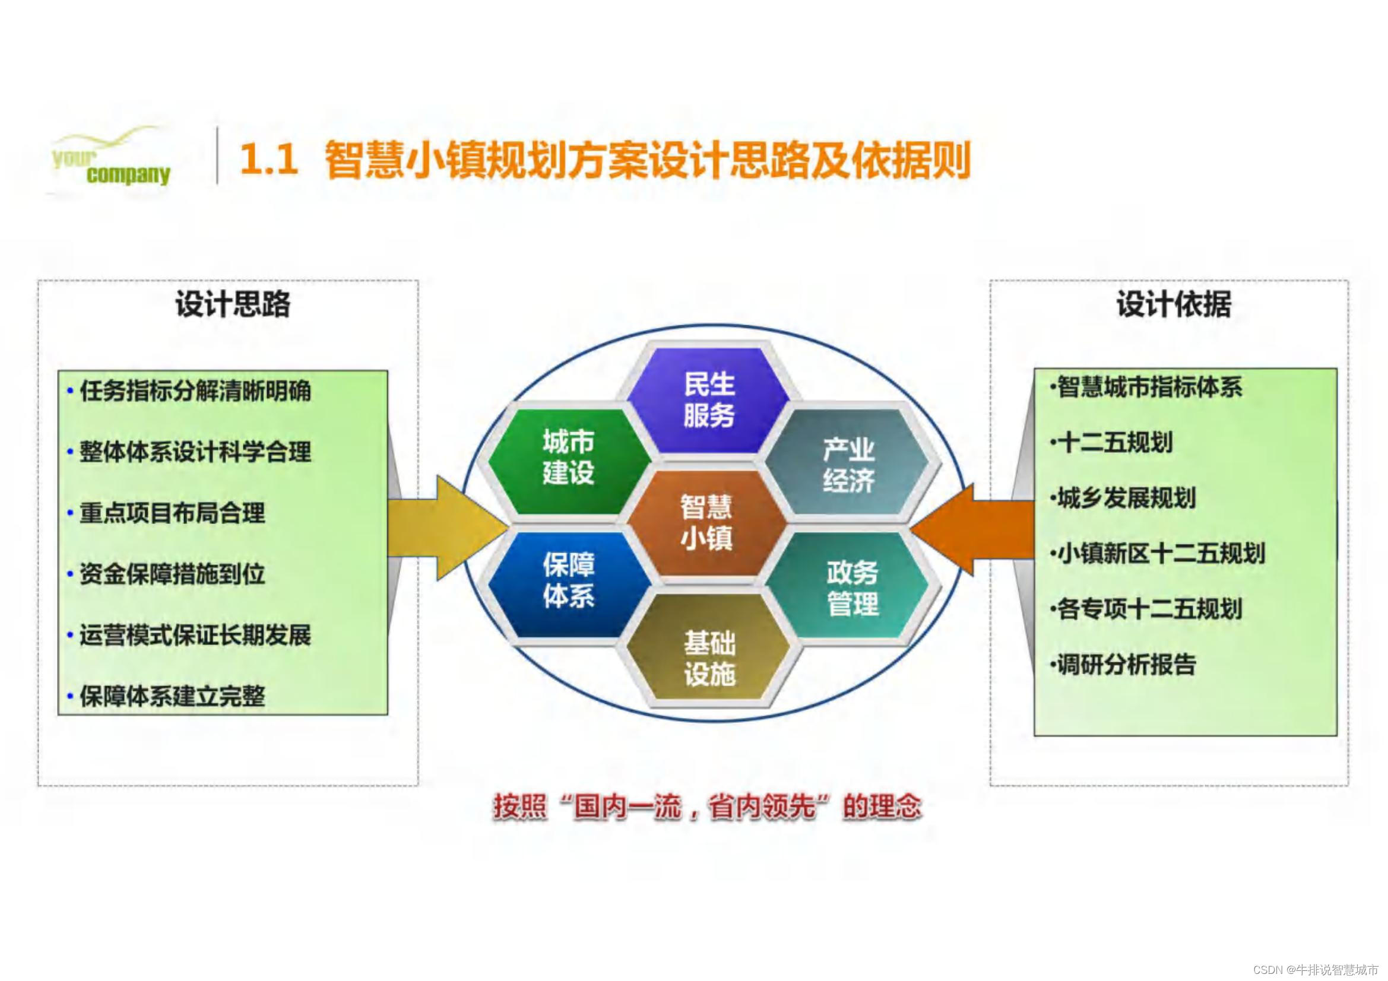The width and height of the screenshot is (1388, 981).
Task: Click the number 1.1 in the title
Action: point(269,160)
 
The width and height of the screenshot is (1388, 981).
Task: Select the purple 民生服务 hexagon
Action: point(708,400)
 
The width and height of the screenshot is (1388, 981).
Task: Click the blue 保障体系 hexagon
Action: point(568,581)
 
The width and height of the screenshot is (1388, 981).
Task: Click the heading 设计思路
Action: point(233,303)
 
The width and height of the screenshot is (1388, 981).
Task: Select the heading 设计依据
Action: point(1174,303)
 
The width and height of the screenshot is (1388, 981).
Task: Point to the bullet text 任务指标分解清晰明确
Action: point(195,391)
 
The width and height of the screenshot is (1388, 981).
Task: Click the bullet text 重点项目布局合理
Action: point(172,513)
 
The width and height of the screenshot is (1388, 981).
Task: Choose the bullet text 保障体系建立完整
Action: point(172,696)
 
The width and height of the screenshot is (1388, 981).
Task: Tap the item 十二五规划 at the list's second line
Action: point(1116,443)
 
